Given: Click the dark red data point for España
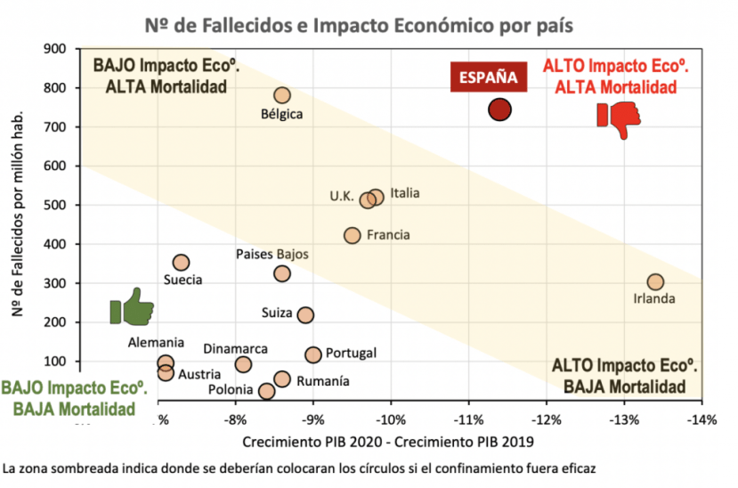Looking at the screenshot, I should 499,110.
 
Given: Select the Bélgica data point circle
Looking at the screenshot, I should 282,95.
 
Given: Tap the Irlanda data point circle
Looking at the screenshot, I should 655,282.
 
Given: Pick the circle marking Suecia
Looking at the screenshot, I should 181,263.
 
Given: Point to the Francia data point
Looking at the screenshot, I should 353,235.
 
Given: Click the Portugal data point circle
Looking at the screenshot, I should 313,354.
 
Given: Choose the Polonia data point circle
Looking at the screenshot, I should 266,391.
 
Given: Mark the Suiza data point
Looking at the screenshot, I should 305,314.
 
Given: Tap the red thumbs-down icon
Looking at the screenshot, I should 618,118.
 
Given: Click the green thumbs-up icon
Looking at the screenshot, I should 129,307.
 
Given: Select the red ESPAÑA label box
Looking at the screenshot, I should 488,77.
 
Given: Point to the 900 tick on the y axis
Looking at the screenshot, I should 56,49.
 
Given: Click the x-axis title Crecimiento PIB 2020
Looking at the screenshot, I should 387,441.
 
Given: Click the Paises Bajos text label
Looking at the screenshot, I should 272,254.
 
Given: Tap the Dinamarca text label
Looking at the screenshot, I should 235,349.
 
